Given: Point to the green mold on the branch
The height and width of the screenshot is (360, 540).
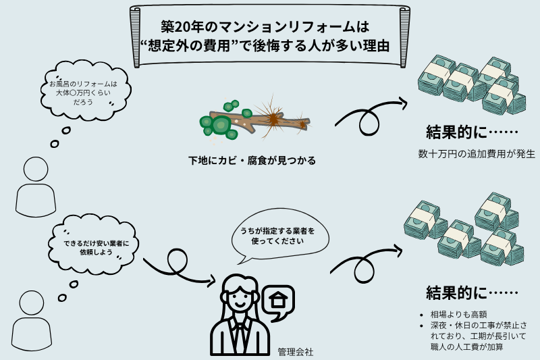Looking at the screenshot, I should click(x=219, y=123).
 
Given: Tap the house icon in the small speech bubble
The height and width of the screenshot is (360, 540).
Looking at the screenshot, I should click(x=277, y=299).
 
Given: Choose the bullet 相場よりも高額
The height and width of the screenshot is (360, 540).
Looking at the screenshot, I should click(x=452, y=314).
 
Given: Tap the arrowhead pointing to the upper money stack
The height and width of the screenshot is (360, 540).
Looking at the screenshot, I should click(x=403, y=103).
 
